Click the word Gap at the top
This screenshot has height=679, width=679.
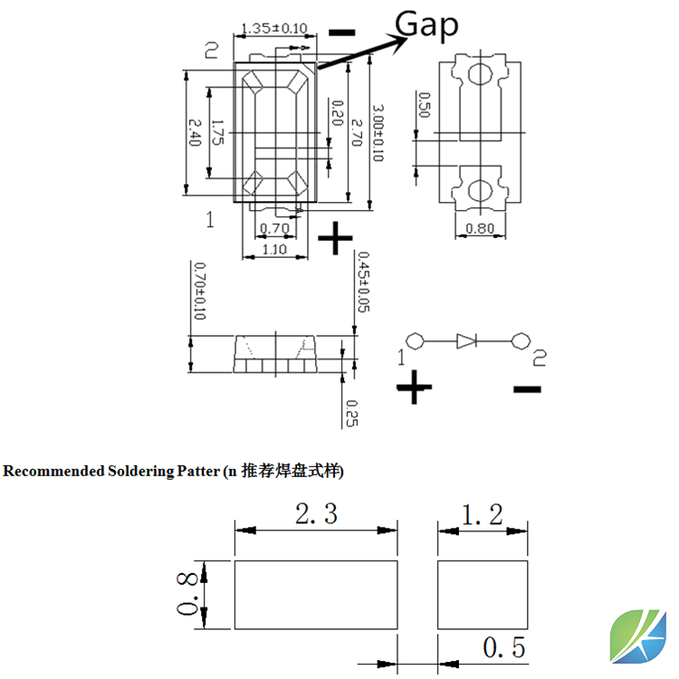tap(427, 24)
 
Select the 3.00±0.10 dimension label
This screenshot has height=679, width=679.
tap(378, 133)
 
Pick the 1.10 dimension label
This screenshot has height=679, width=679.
tap(273, 249)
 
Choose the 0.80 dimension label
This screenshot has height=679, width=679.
tap(480, 229)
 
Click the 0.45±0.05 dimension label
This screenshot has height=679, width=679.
tap(363, 282)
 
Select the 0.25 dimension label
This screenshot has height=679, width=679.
tap(351, 413)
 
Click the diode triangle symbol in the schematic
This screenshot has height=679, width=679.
tap(466, 340)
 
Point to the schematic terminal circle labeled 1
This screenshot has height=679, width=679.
tap(416, 340)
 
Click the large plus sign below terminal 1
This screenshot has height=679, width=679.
tap(415, 388)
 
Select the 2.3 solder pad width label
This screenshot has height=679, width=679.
tap(316, 515)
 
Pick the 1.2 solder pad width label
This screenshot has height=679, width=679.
tap(482, 515)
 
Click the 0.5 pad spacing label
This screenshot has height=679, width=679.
tap(504, 648)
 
